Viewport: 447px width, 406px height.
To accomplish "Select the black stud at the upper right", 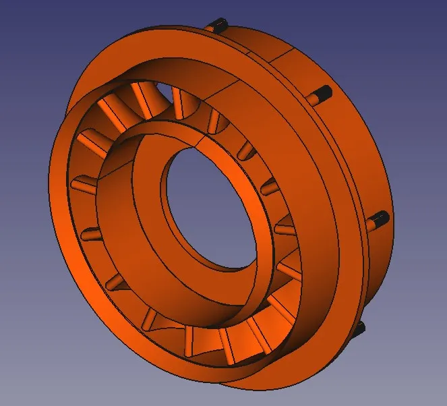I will tap(322, 93).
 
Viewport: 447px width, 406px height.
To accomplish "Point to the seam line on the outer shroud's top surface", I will tap(236, 84).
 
